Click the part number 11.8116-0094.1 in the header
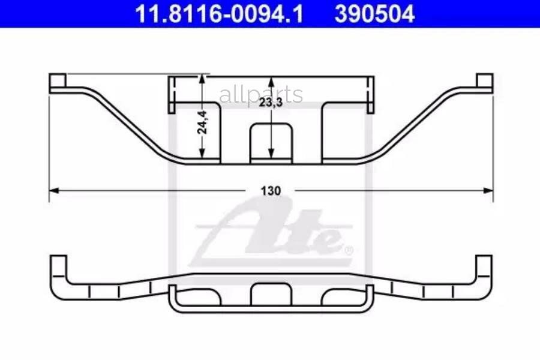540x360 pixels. pos(219,14)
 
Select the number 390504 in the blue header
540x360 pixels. pos(374,14)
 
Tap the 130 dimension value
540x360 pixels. pos(271,191)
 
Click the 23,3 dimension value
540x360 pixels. pos(271,103)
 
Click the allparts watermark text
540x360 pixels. pos(261,94)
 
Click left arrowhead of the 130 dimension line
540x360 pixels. pos(55,191)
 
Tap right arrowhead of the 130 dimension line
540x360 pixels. pos(488,191)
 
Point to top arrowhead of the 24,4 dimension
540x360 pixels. pos(202,79)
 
